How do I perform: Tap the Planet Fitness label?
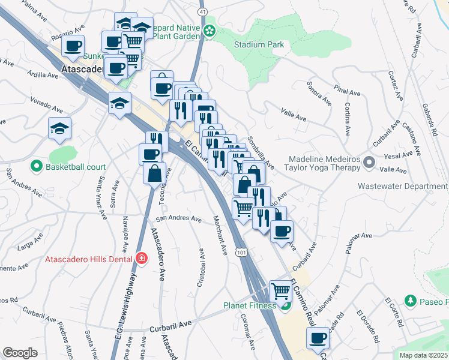click(x=250, y=305)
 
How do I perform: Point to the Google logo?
click(x=20, y=353)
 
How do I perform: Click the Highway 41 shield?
click(x=203, y=12)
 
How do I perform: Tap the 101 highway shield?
click(x=240, y=253)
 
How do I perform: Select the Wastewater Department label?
click(x=403, y=186)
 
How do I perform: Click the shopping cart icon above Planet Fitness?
click(x=280, y=292)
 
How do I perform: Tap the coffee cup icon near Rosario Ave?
click(x=73, y=46)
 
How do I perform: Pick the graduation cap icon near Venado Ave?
click(x=60, y=128)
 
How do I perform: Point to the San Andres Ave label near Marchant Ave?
click(x=178, y=218)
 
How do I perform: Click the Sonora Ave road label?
click(x=320, y=94)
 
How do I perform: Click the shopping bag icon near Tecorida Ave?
click(x=155, y=173)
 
